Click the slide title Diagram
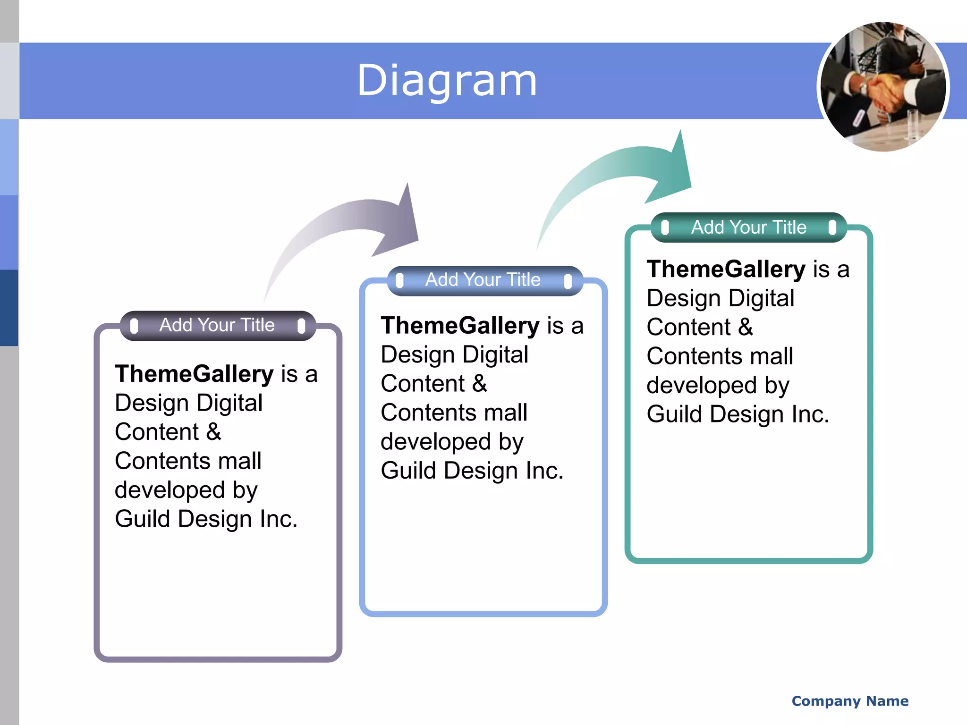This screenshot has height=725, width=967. (447, 81)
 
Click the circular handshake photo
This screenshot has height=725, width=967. (883, 87)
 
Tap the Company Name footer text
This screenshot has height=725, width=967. (850, 701)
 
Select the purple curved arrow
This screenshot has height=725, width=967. (359, 222)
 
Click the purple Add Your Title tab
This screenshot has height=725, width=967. (217, 325)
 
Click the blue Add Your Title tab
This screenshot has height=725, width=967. (483, 280)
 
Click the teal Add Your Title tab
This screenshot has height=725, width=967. (749, 228)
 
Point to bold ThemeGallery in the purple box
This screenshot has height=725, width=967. (194, 374)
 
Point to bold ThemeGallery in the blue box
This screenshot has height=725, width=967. (460, 326)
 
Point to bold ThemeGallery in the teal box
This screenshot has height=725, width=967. (726, 269)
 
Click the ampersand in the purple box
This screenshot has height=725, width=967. (213, 432)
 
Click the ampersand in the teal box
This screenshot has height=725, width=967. (746, 327)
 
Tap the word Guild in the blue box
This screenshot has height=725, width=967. (408, 471)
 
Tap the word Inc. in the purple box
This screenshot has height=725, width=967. (279, 519)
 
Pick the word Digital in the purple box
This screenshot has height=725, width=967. (229, 403)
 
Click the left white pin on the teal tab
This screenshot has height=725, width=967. (665, 228)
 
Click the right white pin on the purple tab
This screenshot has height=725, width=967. (301, 326)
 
